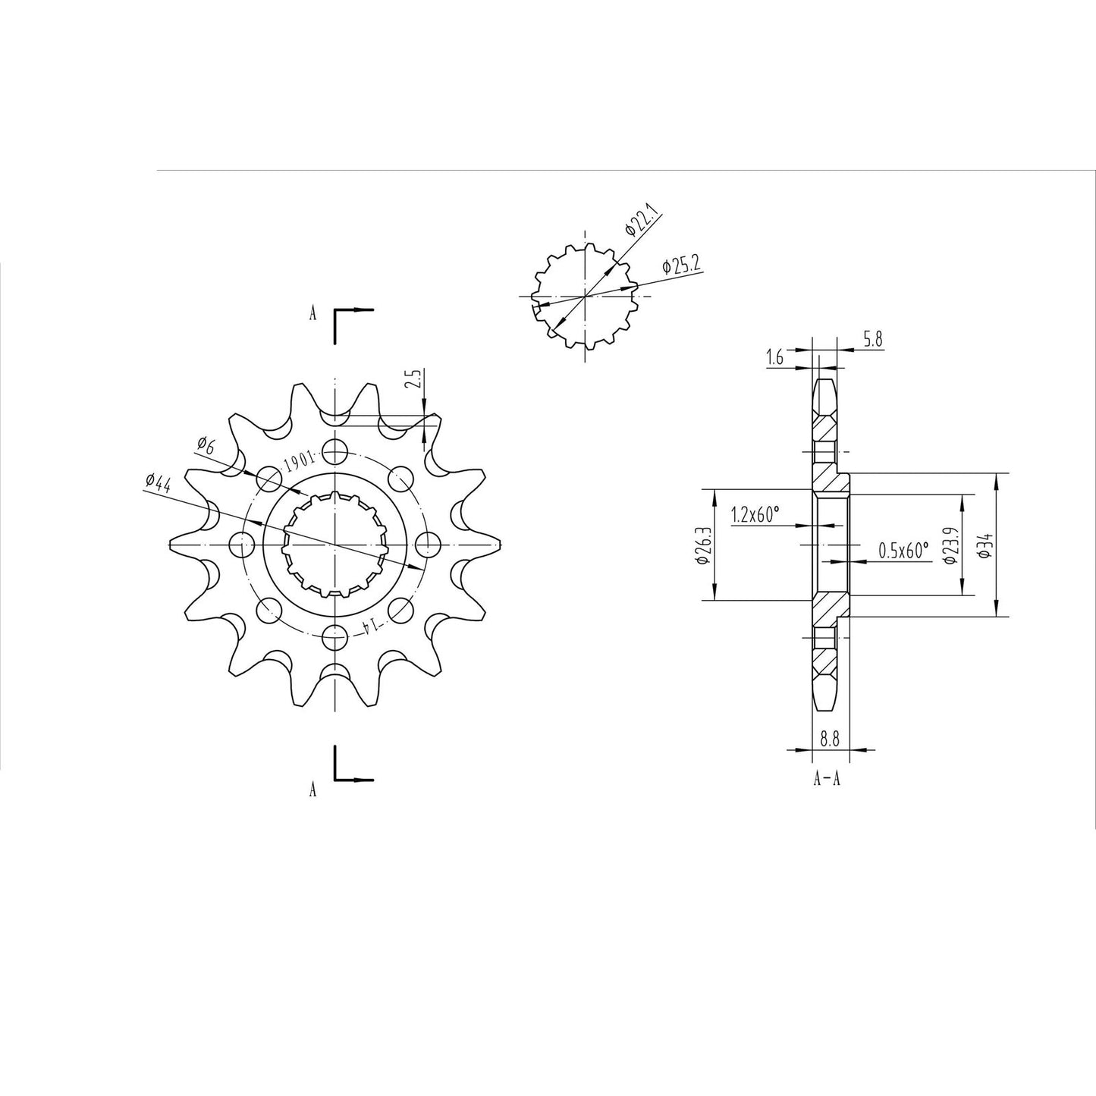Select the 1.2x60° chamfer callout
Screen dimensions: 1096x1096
(755, 515)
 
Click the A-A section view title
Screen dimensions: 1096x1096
(826, 778)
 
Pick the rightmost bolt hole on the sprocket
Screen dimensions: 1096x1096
(429, 544)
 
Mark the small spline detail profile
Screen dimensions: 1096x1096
(585, 297)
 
